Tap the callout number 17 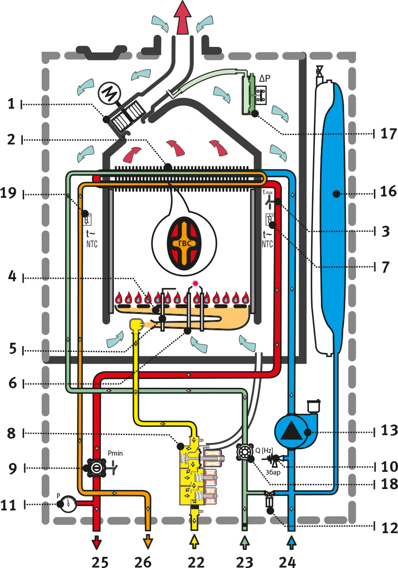coord(387,134)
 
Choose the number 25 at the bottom coord(100,562)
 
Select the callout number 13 coord(387,431)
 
